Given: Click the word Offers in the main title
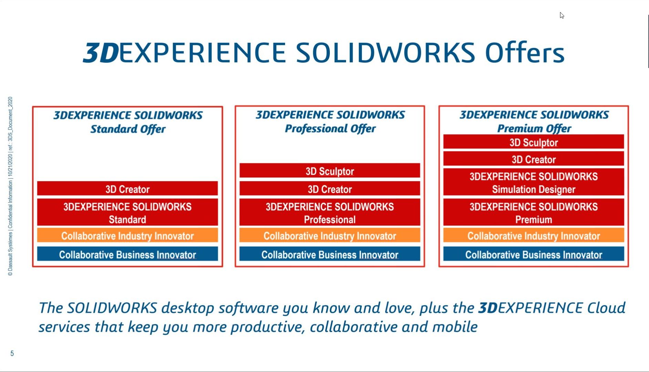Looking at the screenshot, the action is click(525, 52).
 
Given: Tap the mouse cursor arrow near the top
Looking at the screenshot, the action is click(562, 16).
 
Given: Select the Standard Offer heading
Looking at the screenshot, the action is click(128, 122).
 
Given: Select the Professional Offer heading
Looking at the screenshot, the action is click(330, 121).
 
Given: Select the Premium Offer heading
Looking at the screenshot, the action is click(534, 121).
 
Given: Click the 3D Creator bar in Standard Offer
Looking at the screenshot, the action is click(128, 189).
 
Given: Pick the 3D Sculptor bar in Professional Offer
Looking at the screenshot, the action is click(330, 171).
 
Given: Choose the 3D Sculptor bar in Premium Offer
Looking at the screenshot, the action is click(534, 142).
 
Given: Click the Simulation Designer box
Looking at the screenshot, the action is click(534, 182).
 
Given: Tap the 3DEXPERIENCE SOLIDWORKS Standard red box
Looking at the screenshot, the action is click(128, 212).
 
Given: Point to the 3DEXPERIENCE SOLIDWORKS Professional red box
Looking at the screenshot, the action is click(330, 212).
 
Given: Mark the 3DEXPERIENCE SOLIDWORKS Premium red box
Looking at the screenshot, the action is click(534, 212).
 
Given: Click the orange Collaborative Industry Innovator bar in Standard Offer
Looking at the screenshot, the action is click(128, 235).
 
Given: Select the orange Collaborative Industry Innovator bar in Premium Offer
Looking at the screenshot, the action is click(534, 235).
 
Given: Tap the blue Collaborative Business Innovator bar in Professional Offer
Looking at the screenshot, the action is click(330, 254).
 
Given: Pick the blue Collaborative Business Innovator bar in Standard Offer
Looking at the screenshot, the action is click(128, 254).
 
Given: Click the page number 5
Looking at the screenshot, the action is click(12, 353).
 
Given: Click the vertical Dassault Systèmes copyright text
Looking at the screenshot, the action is click(10, 186).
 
